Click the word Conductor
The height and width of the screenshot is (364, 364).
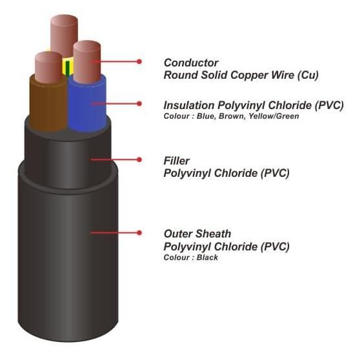click(x=191, y=63)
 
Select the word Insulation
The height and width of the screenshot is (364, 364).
click(x=189, y=105)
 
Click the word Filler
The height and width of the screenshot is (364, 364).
click(x=176, y=161)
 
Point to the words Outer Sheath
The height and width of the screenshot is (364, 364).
click(x=197, y=234)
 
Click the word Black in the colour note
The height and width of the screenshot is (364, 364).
click(x=207, y=258)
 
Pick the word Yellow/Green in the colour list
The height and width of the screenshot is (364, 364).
click(x=274, y=116)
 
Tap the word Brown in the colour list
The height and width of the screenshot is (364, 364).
click(x=232, y=116)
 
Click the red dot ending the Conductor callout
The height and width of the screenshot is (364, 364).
click(x=139, y=61)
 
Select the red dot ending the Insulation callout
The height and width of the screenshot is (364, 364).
click(x=139, y=103)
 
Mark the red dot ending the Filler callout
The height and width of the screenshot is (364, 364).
click(x=139, y=159)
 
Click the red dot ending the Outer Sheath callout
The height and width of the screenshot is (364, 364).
click(x=139, y=232)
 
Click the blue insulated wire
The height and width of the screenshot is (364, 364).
click(x=87, y=105)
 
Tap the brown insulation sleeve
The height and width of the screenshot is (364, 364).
click(x=48, y=105)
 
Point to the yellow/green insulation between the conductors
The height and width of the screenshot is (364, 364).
click(x=68, y=66)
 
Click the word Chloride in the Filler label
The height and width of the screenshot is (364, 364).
click(x=236, y=173)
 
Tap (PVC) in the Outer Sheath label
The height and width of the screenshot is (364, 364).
click(x=275, y=247)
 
